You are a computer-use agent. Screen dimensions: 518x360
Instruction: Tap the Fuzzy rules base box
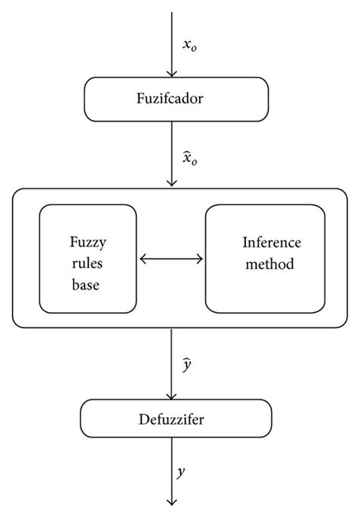(x=88, y=258)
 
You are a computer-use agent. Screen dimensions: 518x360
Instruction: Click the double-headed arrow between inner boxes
(x=172, y=259)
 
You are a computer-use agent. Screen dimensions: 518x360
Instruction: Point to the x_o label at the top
(x=191, y=45)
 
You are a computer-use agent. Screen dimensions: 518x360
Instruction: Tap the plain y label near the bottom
(x=182, y=472)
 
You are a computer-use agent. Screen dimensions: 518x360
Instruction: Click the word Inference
(x=271, y=243)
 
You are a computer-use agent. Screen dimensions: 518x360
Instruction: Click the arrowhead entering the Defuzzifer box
(x=173, y=395)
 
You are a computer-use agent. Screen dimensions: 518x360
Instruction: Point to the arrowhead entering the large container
(x=173, y=182)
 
